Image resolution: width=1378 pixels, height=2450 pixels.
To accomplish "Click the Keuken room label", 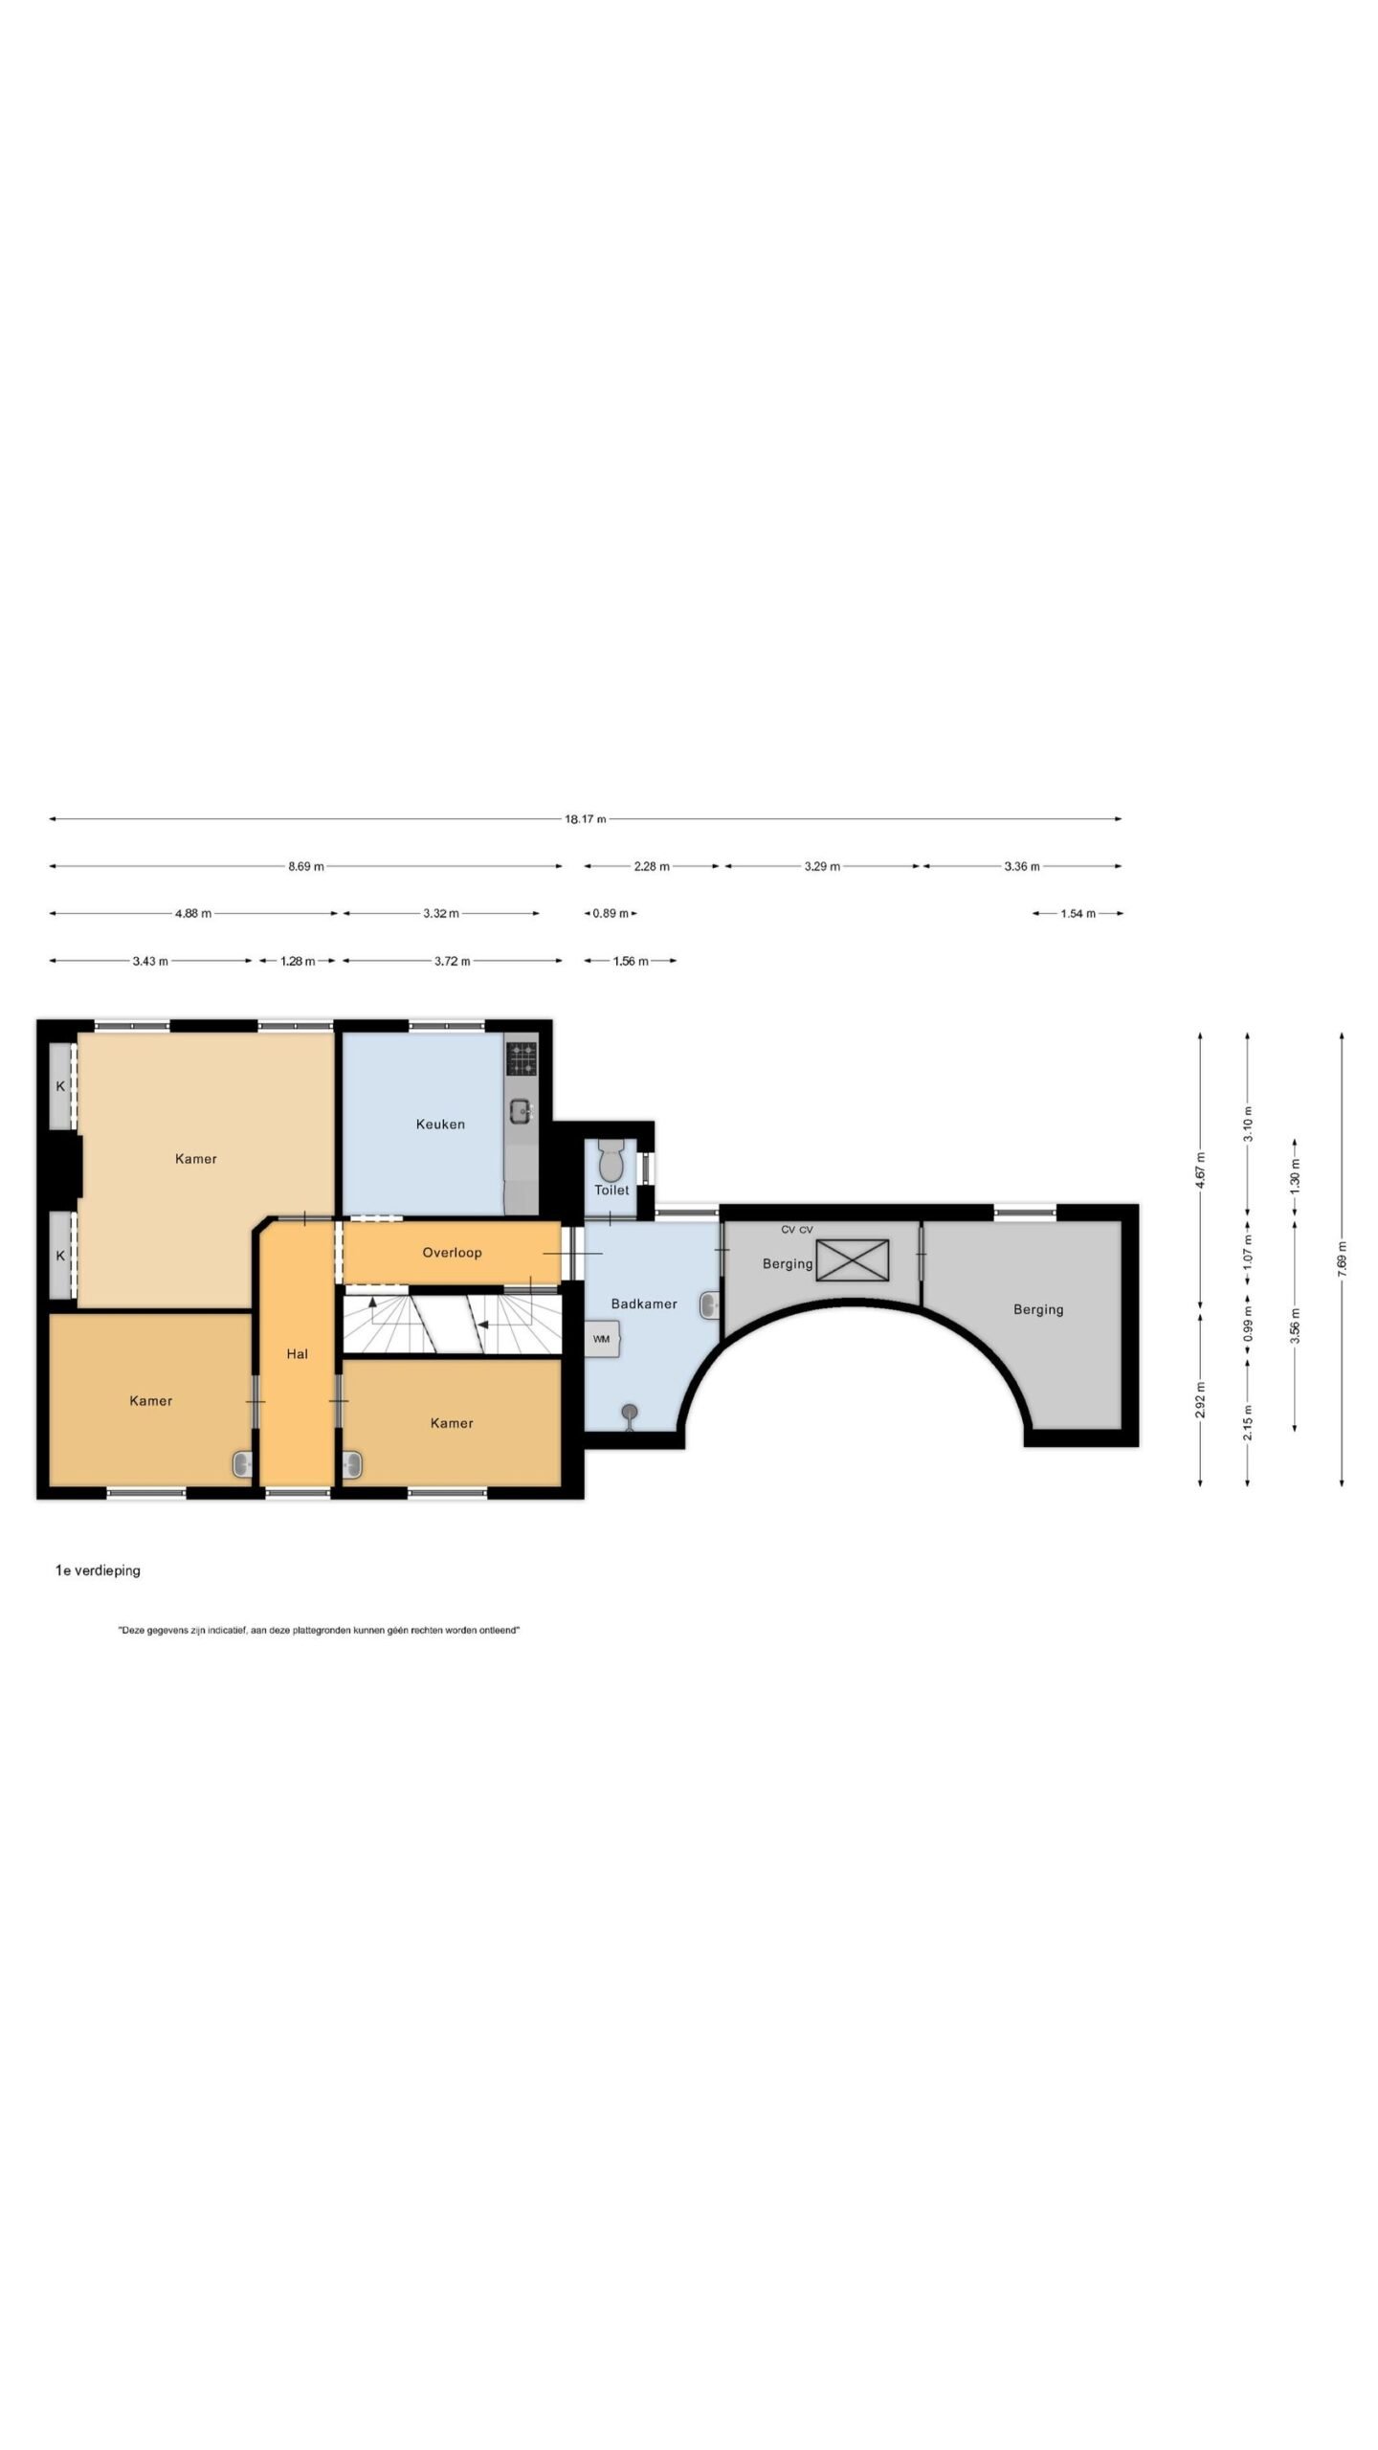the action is click(440, 1124).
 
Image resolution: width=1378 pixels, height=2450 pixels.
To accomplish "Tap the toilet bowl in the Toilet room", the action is click(611, 1161).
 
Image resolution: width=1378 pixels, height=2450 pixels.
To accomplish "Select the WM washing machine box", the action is click(602, 1339).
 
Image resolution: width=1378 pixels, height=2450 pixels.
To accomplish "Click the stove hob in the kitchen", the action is click(522, 1058).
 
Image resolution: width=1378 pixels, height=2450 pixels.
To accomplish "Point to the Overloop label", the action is click(452, 1252).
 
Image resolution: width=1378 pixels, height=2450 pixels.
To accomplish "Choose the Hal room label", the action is click(297, 1353).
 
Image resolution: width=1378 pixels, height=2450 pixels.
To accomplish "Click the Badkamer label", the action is click(644, 1303).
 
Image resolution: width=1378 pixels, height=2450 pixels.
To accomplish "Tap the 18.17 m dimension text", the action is click(585, 818).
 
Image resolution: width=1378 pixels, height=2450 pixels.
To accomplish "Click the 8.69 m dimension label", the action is click(306, 866).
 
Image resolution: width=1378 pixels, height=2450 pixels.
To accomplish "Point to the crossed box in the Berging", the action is click(852, 1259).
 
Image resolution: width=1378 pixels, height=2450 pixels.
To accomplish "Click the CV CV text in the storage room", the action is click(797, 1230).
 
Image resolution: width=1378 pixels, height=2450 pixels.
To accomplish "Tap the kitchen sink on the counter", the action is click(521, 1111).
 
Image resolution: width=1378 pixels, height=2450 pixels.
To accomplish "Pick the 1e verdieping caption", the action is click(98, 1570).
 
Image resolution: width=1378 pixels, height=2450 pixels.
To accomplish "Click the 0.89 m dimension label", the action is click(611, 913).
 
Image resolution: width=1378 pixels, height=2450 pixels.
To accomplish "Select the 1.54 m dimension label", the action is click(1078, 913).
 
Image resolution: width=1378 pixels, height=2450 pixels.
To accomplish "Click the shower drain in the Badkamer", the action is click(629, 1412).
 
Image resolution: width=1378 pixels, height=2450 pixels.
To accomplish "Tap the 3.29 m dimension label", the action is click(822, 866).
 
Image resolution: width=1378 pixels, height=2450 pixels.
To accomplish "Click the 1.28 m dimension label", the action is click(297, 961).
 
